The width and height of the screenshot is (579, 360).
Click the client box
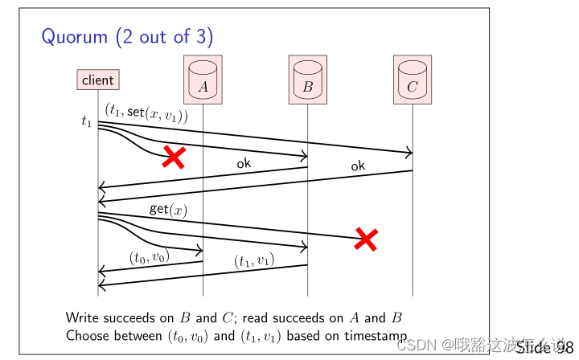click(98, 80)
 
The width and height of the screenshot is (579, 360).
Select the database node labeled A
click(203, 80)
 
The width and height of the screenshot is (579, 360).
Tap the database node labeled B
click(307, 80)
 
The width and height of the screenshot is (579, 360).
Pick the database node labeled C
click(413, 80)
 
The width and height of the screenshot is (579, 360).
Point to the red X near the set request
click(173, 157)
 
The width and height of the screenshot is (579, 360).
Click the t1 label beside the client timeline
click(87, 122)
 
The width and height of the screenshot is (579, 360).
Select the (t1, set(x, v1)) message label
click(146, 113)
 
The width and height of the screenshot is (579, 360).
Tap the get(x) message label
click(168, 210)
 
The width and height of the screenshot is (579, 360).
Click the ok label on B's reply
click(244, 163)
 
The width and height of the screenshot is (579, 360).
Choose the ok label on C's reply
click(358, 166)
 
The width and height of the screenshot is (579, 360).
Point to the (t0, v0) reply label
click(149, 257)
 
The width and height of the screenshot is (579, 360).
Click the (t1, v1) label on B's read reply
click(254, 260)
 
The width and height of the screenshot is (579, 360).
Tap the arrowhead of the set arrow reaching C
click(410, 153)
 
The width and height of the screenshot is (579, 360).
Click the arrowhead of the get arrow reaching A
click(200, 251)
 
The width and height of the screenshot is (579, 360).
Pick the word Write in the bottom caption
click(82, 317)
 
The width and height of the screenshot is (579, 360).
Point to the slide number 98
click(557, 347)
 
